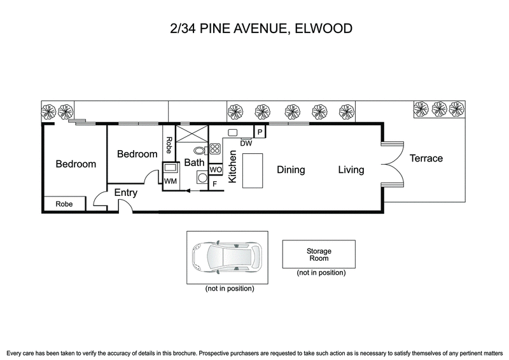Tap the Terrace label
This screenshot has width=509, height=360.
click(x=426, y=158)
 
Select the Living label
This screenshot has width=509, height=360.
click(x=351, y=170)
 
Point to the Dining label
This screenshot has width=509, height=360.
click(x=290, y=170)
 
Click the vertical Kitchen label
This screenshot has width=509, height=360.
click(x=233, y=167)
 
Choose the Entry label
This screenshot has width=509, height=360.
click(x=127, y=192)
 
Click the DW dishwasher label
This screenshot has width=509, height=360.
click(x=246, y=143)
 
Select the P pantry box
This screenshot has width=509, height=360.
click(x=260, y=132)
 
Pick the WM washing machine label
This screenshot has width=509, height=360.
click(x=170, y=182)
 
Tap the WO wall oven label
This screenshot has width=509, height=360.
click(x=215, y=170)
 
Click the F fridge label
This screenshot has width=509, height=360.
click(x=214, y=183)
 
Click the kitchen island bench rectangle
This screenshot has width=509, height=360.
click(x=253, y=170)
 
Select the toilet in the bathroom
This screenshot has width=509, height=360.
click(x=200, y=151)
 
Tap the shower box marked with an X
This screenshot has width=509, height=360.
click(x=193, y=135)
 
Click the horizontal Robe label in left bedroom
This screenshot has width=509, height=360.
click(x=64, y=204)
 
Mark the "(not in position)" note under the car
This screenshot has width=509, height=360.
click(x=229, y=289)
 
